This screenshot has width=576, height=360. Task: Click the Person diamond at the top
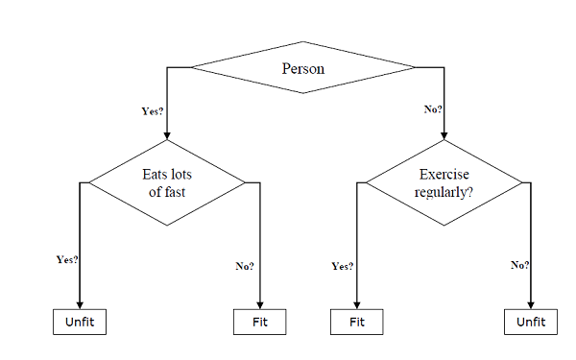coord(303,68)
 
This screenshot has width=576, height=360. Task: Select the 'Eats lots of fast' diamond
coord(167,182)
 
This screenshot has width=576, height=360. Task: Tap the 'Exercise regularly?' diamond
coord(444,182)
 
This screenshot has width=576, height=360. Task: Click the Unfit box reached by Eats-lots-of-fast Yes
coord(78,322)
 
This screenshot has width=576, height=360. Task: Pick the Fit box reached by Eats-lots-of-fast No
coord(260,322)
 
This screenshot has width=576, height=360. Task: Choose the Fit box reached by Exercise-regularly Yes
coord(356,322)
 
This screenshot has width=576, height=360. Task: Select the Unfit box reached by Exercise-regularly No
coord(531,322)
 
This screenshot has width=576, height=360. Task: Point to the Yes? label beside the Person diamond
coord(152,111)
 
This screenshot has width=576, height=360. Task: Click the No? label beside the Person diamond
coord(433,109)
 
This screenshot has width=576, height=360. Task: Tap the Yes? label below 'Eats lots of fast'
coord(67,259)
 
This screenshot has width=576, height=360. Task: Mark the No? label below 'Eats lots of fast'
coord(245,266)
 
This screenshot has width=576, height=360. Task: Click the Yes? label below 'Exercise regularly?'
coord(342,266)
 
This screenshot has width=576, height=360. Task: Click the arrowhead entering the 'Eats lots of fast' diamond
coord(167,135)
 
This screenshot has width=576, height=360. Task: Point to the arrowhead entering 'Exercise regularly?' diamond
coord(444,135)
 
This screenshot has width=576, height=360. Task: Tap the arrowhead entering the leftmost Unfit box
coord(78,303)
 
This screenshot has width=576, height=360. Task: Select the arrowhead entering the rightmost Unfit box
coord(531,303)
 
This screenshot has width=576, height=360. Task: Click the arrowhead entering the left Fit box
coord(260,303)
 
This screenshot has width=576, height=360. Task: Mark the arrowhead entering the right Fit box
coord(356,303)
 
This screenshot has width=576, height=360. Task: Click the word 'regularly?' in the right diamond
coord(444,191)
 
